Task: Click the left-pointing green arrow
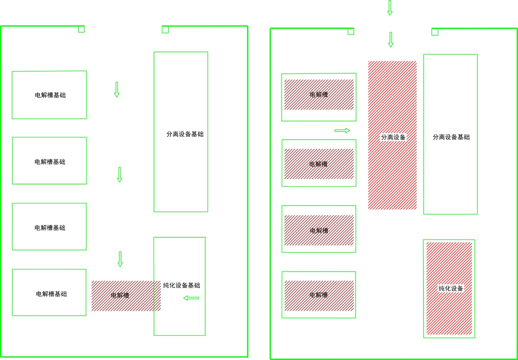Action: (191, 298)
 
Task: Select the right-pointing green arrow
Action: (342, 131)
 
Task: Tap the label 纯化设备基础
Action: (182, 285)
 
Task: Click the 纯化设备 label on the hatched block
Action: (451, 288)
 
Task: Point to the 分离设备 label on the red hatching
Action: (393, 137)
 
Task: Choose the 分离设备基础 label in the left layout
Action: (185, 134)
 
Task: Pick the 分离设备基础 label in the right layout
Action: (451, 137)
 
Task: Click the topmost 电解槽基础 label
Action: (50, 95)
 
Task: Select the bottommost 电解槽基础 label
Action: (51, 294)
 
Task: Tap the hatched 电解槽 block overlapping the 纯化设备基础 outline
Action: (126, 296)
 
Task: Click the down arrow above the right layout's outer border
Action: (390, 8)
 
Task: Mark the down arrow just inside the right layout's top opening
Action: (391, 40)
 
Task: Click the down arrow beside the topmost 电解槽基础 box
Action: (117, 90)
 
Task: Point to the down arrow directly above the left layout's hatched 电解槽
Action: (120, 259)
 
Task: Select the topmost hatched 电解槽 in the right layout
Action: (319, 95)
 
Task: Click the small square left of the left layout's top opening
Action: (81, 29)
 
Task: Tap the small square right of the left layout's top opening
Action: (165, 30)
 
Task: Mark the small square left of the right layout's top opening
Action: (351, 32)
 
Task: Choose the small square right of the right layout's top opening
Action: (435, 32)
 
